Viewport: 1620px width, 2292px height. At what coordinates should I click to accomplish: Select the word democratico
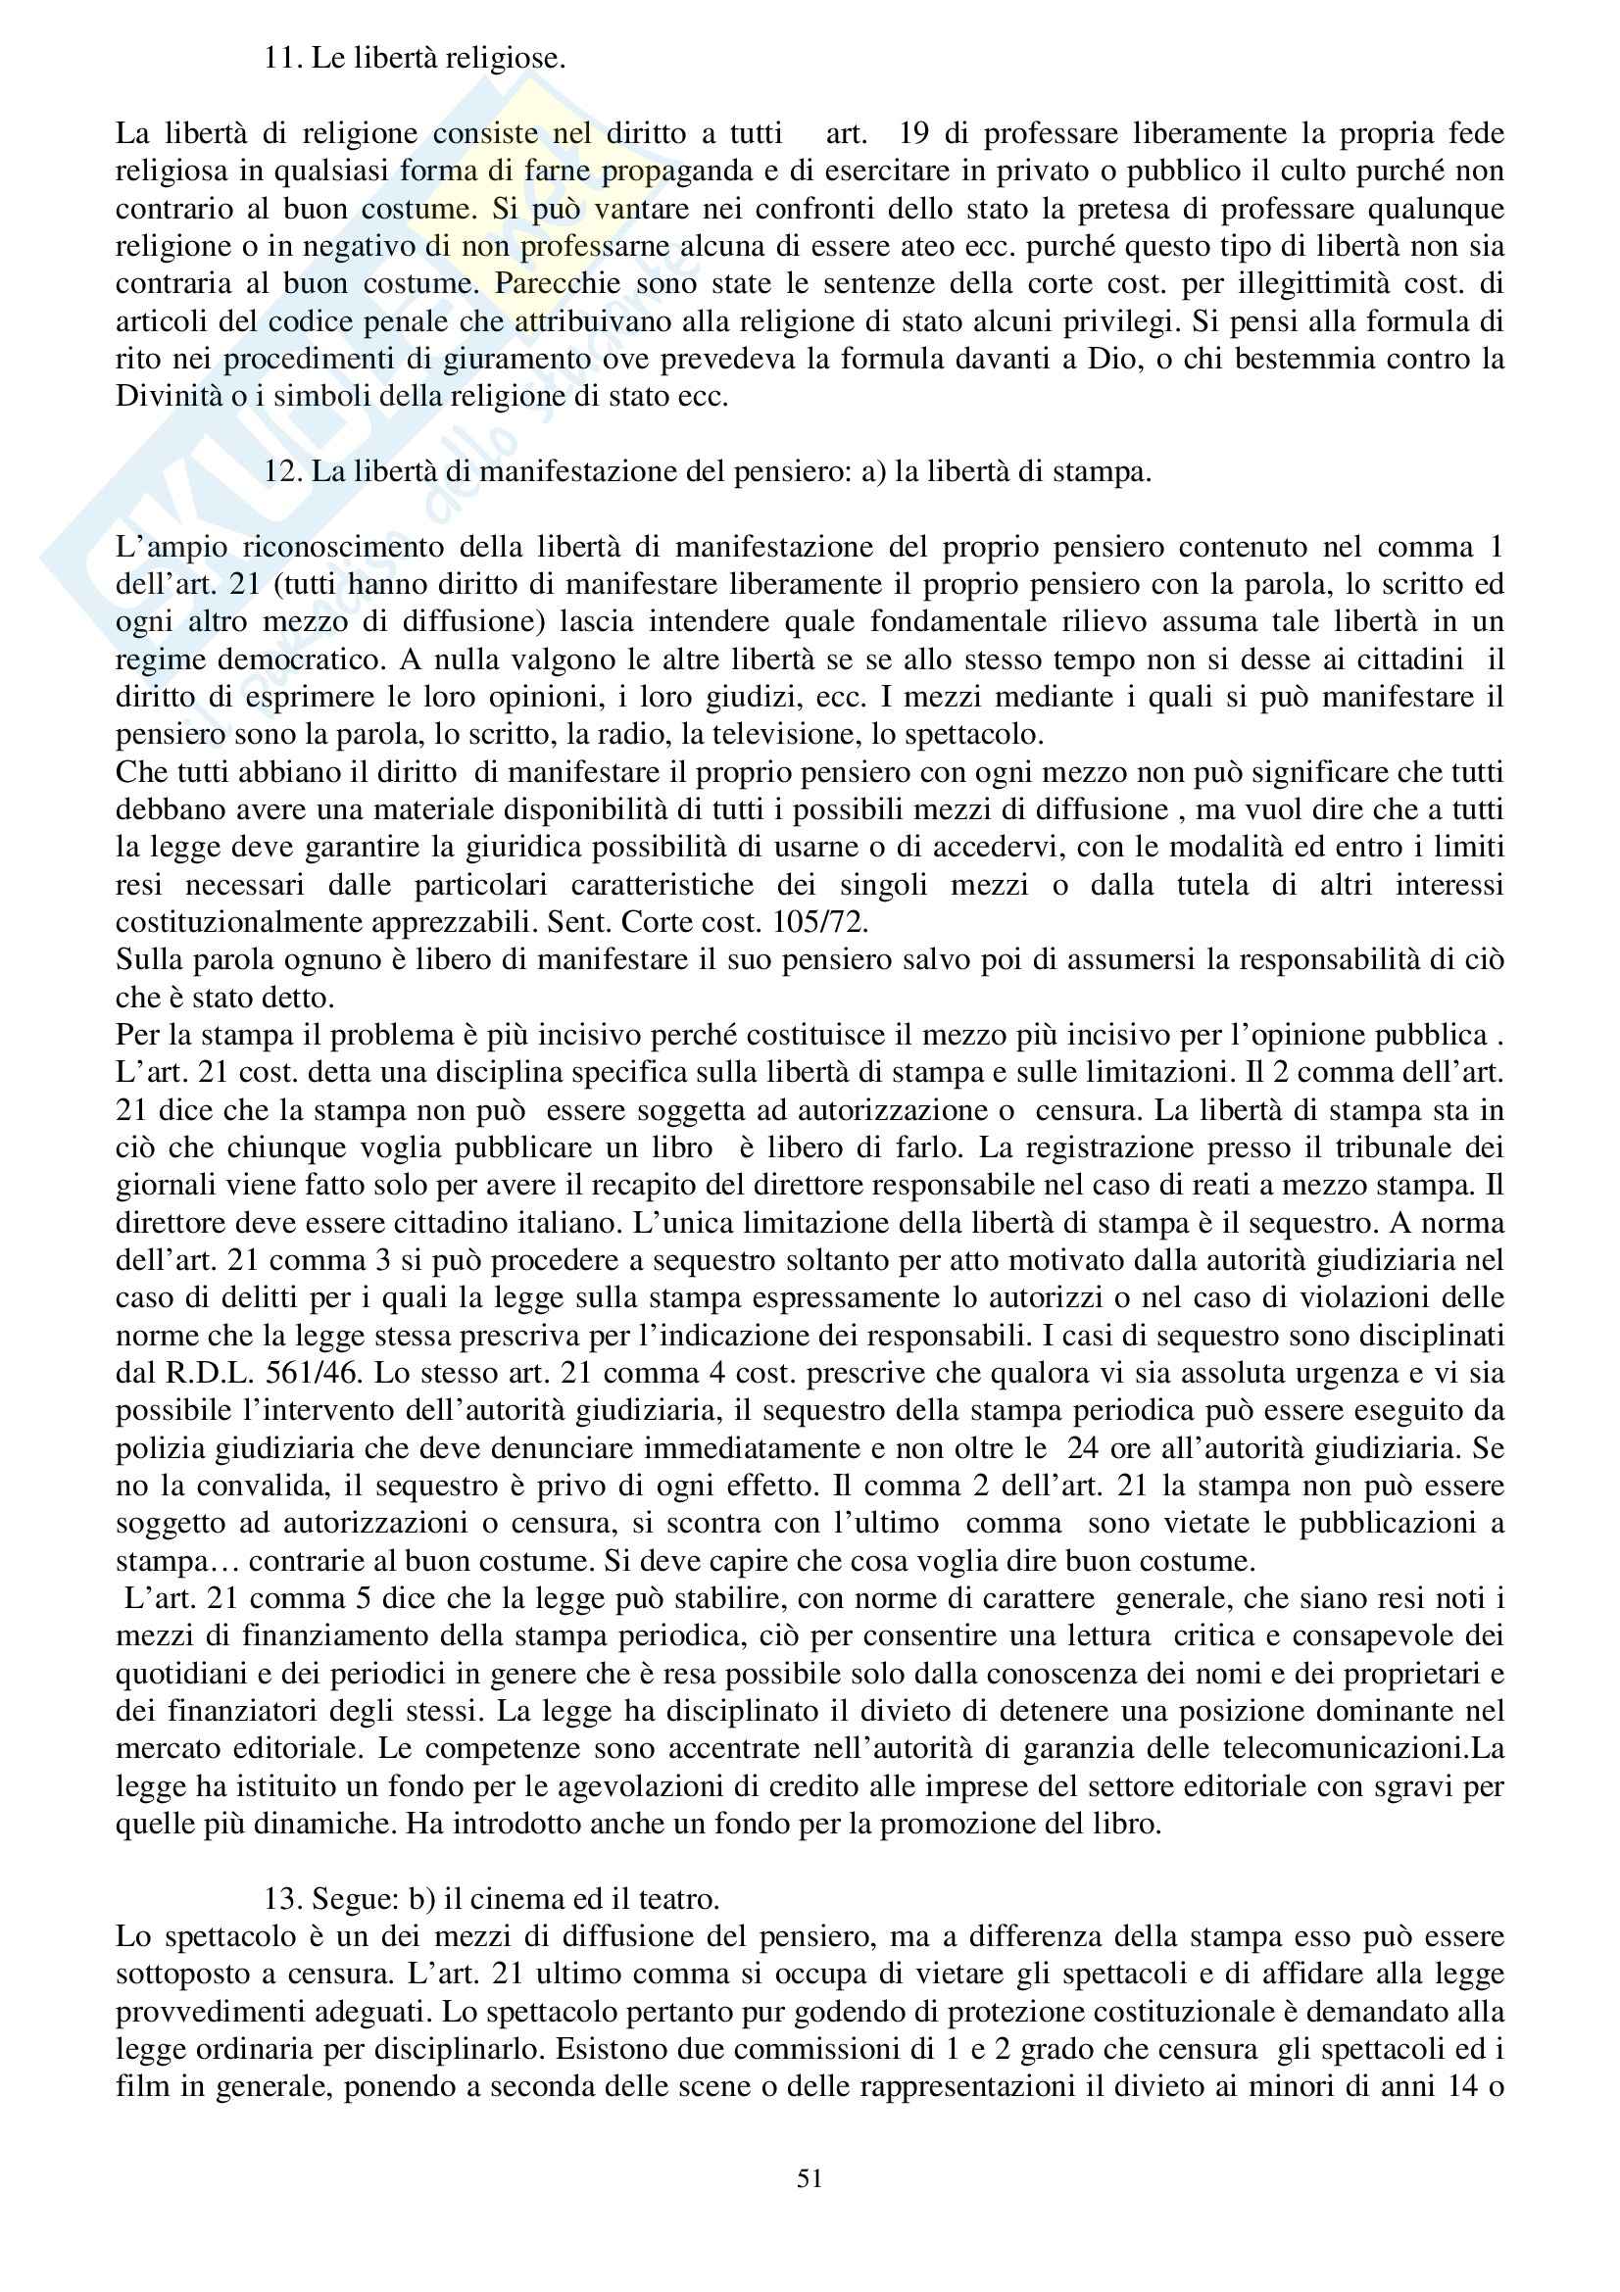300,658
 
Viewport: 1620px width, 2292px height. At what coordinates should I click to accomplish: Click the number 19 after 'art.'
913,132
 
